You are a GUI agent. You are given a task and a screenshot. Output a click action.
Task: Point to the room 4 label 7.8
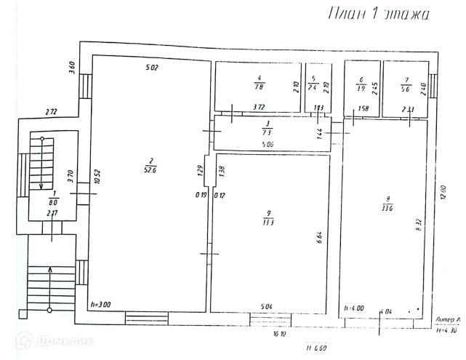coord(258,82)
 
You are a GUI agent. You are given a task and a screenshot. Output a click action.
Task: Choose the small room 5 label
coord(313,82)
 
